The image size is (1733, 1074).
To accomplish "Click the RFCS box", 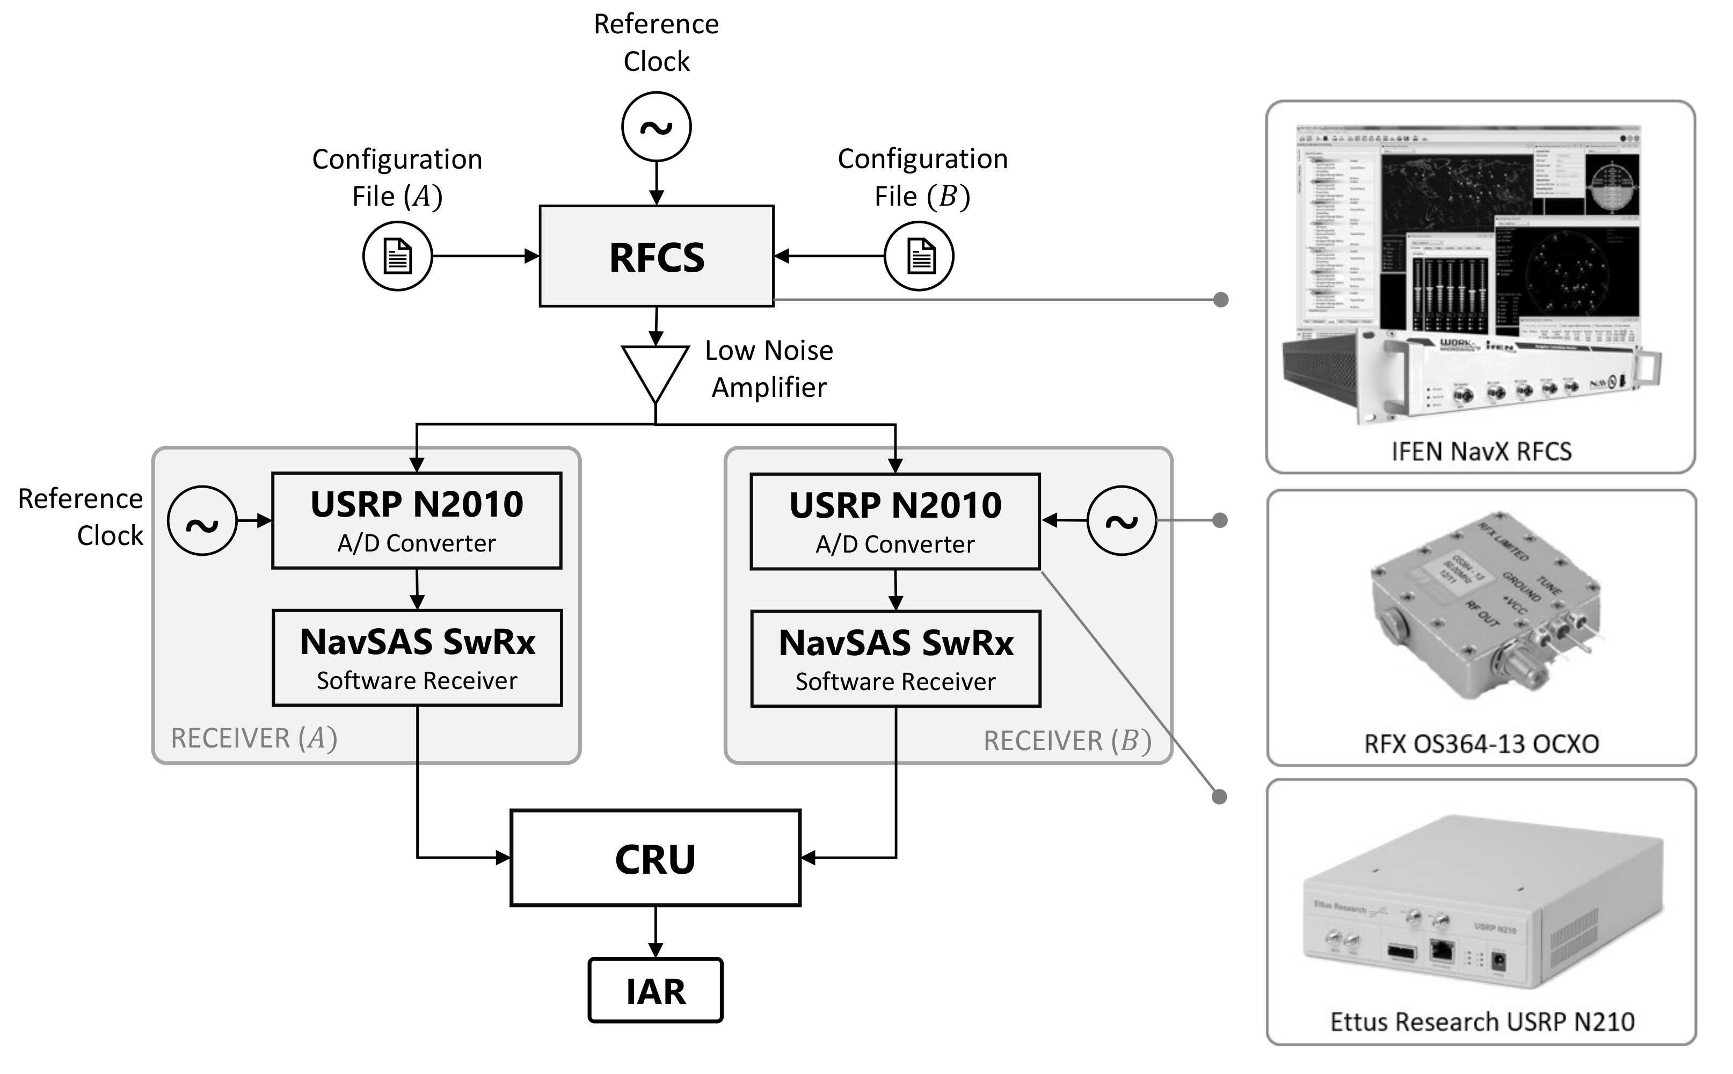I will coord(656,257).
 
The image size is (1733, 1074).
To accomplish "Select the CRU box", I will coord(654,858).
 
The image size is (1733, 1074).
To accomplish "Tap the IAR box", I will coord(654,991).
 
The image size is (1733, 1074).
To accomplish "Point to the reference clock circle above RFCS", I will coord(656,126).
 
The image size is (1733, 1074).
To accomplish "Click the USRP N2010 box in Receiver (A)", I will coord(417,521).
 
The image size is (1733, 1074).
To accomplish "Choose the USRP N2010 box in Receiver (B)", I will coord(895,521).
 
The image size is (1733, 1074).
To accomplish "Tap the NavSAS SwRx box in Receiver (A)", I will coord(417,658).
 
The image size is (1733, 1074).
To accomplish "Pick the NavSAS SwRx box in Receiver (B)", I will coord(895,658).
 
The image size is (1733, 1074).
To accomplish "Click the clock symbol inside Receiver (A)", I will coord(202,521).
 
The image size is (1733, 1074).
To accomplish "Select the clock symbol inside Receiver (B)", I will coord(1122,521).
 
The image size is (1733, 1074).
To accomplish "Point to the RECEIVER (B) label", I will coord(1067,741).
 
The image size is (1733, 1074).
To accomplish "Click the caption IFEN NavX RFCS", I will coord(1481,451).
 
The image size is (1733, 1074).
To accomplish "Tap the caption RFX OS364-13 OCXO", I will coord(1481,744).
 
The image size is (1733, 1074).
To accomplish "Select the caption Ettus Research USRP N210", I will coord(1482,1021).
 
